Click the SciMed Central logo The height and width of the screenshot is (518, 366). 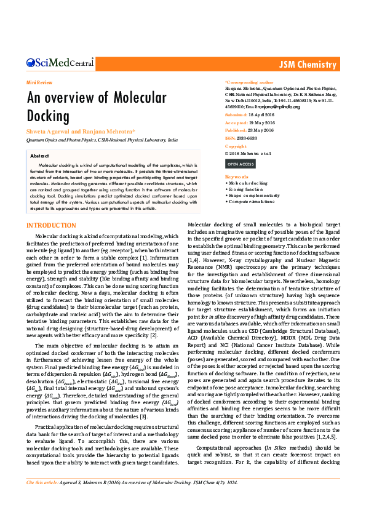click(60, 62)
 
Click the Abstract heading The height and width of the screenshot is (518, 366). click(39, 156)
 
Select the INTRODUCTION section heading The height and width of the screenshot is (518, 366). click(51, 226)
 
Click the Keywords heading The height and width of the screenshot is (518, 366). click(236, 177)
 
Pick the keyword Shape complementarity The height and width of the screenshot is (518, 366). click(253, 195)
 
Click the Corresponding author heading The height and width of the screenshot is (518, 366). click(249, 82)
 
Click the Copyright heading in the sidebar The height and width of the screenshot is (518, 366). click(236, 146)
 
